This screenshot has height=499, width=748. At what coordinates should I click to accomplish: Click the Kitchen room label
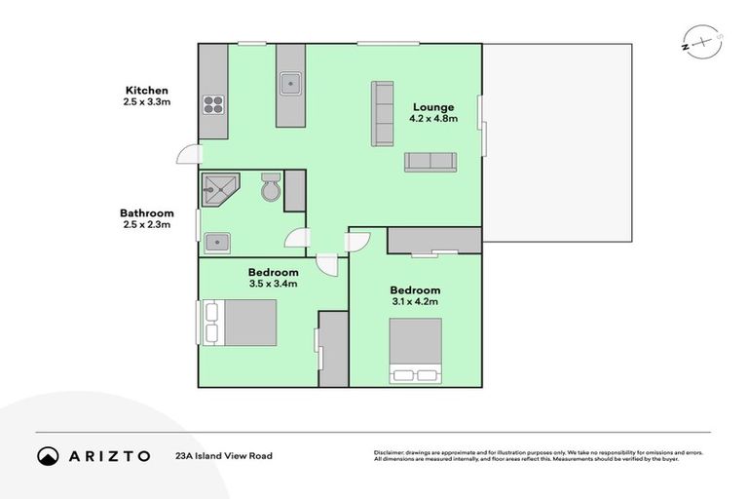pos(145,90)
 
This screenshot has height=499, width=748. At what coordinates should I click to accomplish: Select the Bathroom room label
pos(146,213)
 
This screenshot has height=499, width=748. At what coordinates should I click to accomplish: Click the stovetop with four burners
pos(212,103)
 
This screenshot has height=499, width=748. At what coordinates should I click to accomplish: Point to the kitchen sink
pos(290,84)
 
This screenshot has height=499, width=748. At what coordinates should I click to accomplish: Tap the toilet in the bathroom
pos(271,188)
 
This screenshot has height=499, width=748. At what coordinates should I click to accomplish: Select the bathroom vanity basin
pos(216,241)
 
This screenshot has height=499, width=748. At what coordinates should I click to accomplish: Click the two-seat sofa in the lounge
pos(430,162)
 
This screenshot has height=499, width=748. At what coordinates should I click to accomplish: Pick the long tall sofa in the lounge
pos(381,114)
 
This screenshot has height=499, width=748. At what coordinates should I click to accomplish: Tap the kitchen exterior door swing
pos(189,155)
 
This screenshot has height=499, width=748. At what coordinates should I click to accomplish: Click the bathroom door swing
pos(297,239)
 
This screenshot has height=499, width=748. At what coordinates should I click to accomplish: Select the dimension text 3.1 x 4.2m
pos(415,302)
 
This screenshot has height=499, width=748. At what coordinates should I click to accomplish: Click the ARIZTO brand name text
pos(110,456)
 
